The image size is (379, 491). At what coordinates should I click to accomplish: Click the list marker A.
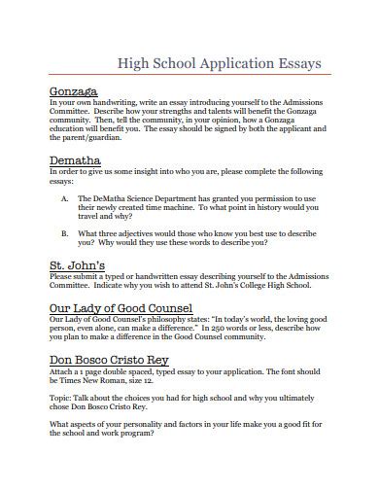point(65,196)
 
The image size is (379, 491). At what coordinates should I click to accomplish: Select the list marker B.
point(65,233)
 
